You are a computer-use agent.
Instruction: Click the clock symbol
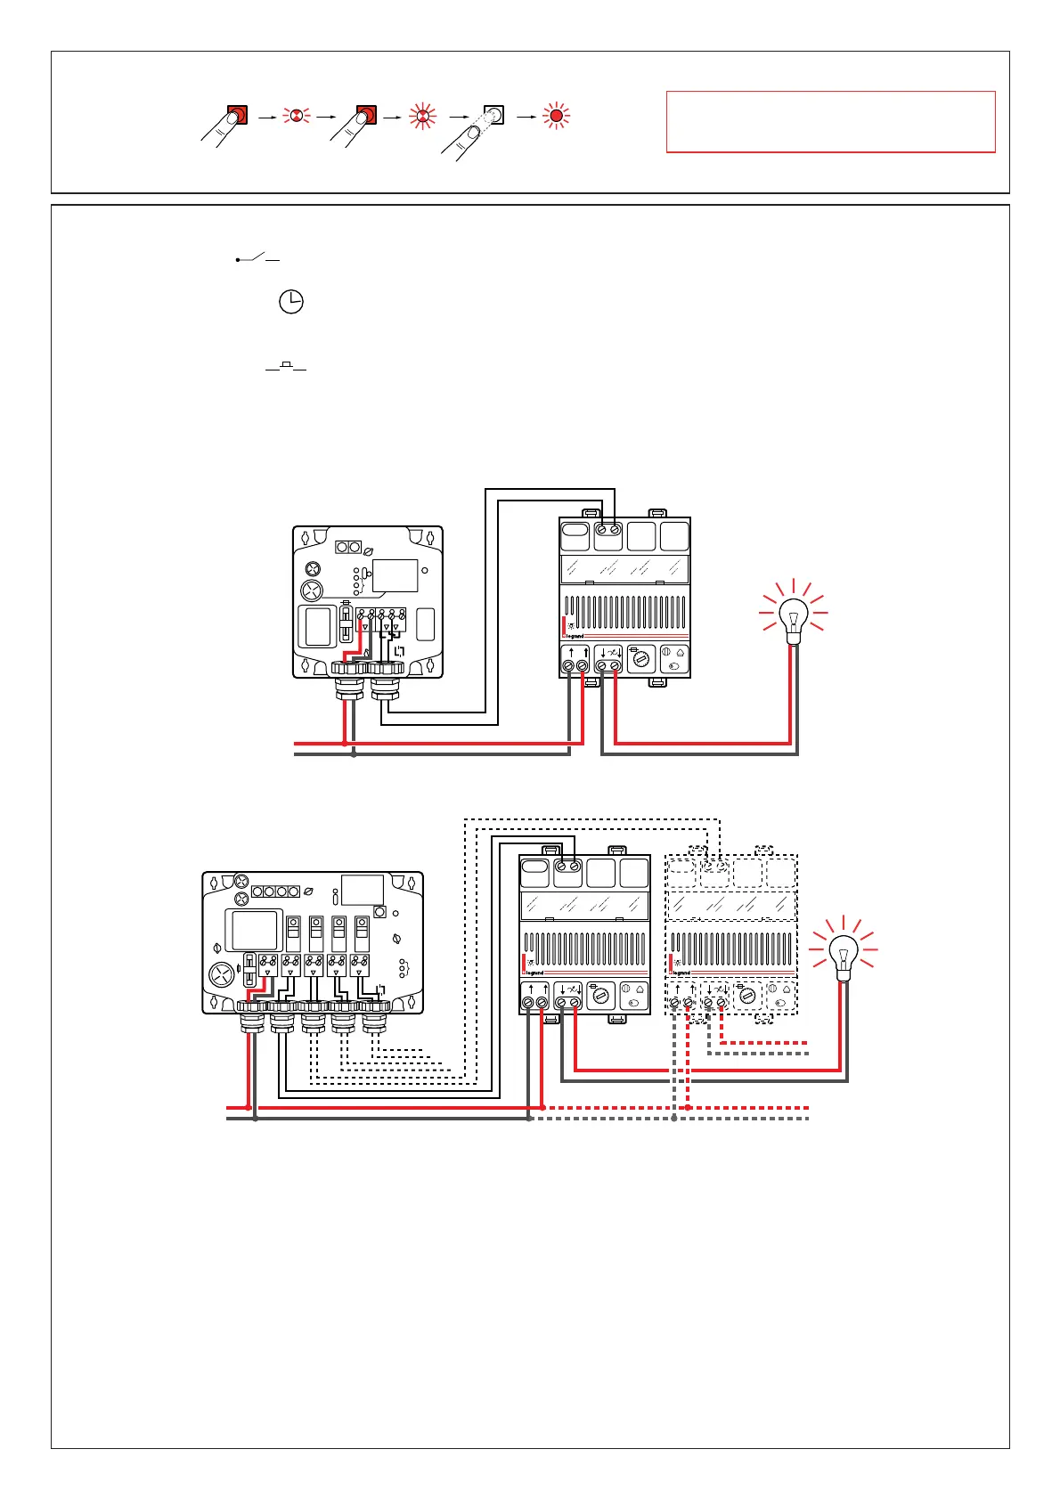291,302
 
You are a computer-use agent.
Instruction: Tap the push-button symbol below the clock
286,366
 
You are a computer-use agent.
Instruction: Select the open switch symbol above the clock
257,259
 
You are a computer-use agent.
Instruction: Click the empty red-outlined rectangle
830,122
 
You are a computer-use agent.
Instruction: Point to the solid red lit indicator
557,115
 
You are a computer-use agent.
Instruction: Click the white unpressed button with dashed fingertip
493,115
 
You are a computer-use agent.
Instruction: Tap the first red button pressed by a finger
237,115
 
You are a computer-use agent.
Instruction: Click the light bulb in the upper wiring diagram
793,616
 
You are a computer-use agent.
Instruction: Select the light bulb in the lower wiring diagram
843,954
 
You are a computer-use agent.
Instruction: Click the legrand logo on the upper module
575,636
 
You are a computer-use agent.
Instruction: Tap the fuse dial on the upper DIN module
641,660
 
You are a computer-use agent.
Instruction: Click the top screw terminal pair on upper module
608,530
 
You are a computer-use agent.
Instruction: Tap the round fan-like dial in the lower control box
221,974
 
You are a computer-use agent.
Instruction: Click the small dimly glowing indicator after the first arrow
295,115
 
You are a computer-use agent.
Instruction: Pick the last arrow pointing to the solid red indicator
526,116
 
